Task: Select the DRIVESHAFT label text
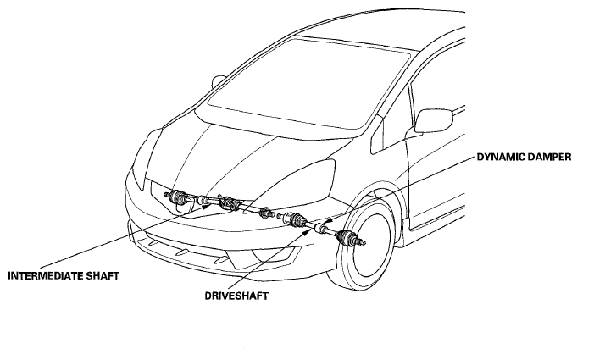[x=236, y=296]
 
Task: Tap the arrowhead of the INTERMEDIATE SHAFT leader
[x=208, y=206]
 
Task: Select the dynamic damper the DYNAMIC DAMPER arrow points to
[x=319, y=228]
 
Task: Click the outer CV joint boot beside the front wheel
[x=347, y=237]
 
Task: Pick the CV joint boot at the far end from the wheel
[x=177, y=197]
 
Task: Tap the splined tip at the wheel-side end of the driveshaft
[x=361, y=242]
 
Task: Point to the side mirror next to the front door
[x=433, y=121]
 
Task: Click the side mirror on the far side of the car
[x=218, y=82]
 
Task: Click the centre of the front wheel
[x=369, y=244]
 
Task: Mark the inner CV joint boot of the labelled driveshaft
[x=296, y=219]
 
